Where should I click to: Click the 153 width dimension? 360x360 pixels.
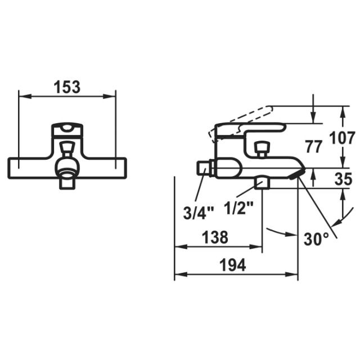coord(67,87)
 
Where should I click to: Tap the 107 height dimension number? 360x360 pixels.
coord(342,138)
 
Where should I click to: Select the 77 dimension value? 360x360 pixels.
coord(314,147)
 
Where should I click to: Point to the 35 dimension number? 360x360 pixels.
coord(343,179)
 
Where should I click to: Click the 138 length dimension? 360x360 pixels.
coord(215,237)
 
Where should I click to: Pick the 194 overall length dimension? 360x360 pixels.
coord(233,265)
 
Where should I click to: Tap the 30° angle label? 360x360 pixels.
coord(316,240)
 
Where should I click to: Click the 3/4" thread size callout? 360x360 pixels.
coord(199,213)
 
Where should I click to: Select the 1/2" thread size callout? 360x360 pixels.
coord(238,208)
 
